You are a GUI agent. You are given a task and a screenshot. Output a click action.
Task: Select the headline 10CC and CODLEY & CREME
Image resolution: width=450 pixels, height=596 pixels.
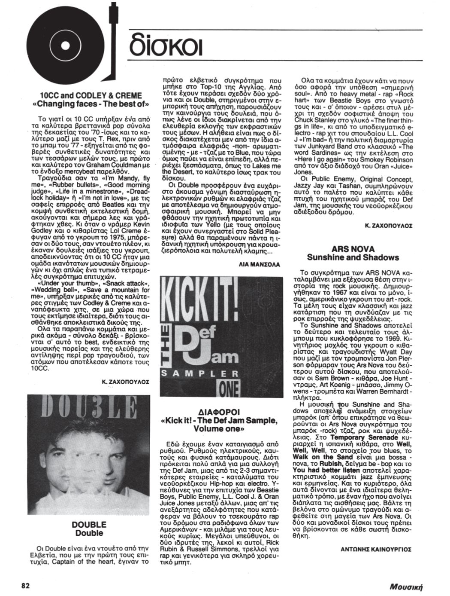(x=91, y=95)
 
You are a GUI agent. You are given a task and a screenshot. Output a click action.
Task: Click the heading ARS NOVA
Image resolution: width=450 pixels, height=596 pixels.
(x=353, y=249)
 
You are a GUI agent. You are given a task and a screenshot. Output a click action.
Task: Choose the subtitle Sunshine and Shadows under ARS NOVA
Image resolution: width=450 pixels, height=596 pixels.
(x=353, y=258)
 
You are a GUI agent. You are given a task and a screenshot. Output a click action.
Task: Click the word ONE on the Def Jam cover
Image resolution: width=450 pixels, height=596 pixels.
(x=229, y=388)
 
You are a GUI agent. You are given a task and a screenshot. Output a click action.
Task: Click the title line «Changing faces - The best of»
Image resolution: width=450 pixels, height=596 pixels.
(x=91, y=104)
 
